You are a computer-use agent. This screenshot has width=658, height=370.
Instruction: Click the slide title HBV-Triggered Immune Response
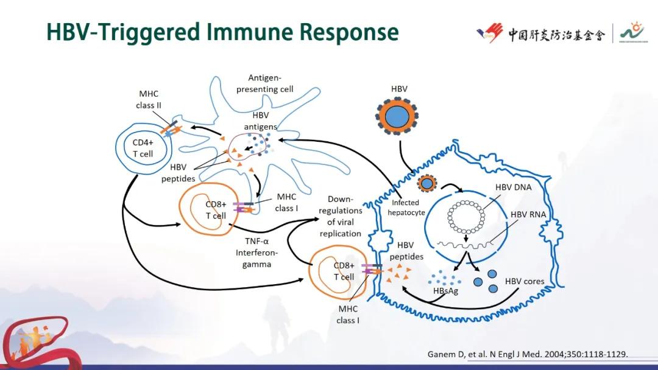point(222,32)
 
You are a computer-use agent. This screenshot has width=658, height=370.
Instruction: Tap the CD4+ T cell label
point(143,148)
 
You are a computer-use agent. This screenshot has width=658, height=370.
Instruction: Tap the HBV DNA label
point(512,187)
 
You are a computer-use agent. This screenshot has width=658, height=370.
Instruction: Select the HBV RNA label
point(528,214)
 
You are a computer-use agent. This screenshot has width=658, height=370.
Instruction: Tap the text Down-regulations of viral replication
point(340,216)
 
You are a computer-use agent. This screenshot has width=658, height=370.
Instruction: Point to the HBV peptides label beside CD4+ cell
point(179,173)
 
